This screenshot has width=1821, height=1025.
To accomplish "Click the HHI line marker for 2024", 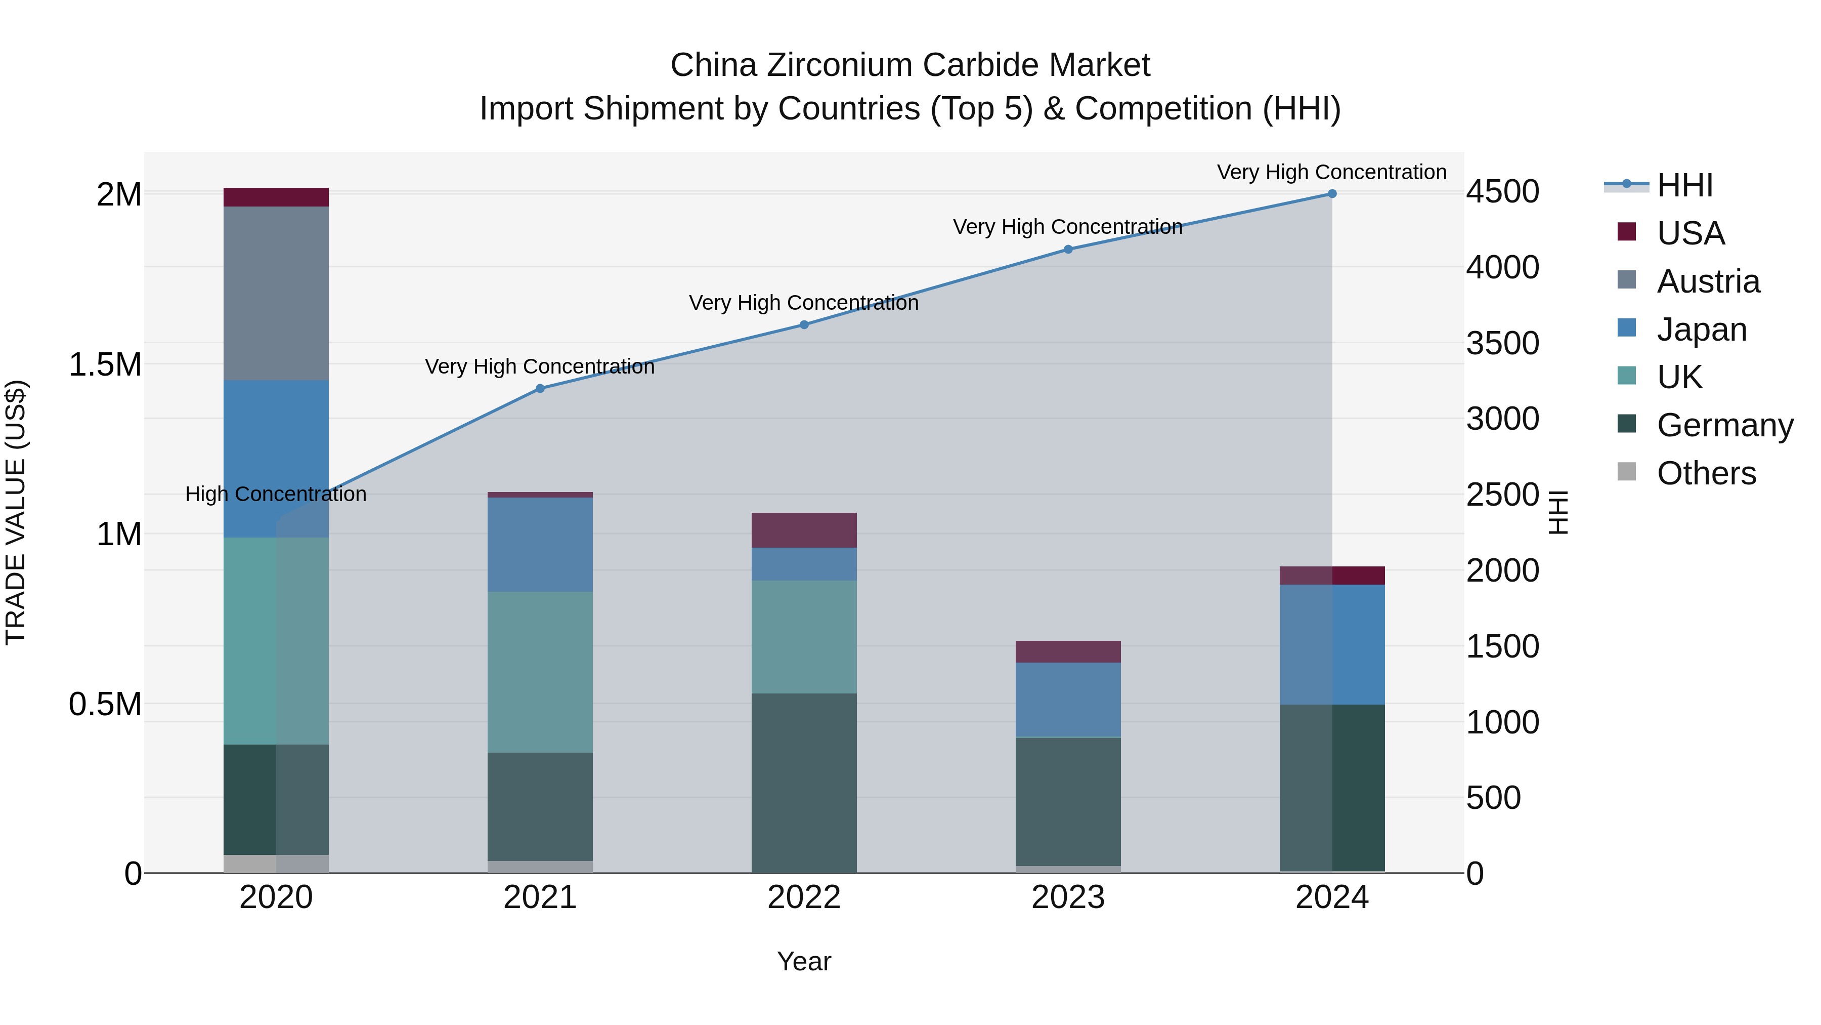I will click(x=1332, y=194).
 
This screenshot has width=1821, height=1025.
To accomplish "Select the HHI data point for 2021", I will click(x=540, y=388).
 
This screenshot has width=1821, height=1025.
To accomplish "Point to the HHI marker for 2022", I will click(x=804, y=324).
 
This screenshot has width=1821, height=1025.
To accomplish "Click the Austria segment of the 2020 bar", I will click(x=276, y=293).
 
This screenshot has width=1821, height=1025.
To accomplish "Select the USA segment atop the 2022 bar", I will click(x=804, y=530).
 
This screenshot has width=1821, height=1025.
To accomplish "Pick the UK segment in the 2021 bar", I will click(x=540, y=672).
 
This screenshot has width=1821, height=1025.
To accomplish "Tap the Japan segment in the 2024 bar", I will click(x=1332, y=644).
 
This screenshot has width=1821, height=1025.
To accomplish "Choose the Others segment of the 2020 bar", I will click(x=276, y=864).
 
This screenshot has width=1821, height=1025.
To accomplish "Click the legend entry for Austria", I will click(x=1708, y=281).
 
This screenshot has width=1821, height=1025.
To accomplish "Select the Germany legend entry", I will click(x=1725, y=425).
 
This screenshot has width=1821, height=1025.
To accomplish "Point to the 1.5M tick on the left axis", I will click(x=105, y=365).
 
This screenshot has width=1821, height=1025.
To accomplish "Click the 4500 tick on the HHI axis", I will click(x=1502, y=192).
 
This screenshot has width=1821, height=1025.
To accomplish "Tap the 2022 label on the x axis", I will click(x=804, y=897).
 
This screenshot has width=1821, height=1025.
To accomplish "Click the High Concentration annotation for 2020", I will click(x=276, y=494).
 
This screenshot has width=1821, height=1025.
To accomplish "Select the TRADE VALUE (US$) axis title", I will click(x=16, y=512).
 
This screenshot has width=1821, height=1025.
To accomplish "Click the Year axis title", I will click(x=804, y=961).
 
